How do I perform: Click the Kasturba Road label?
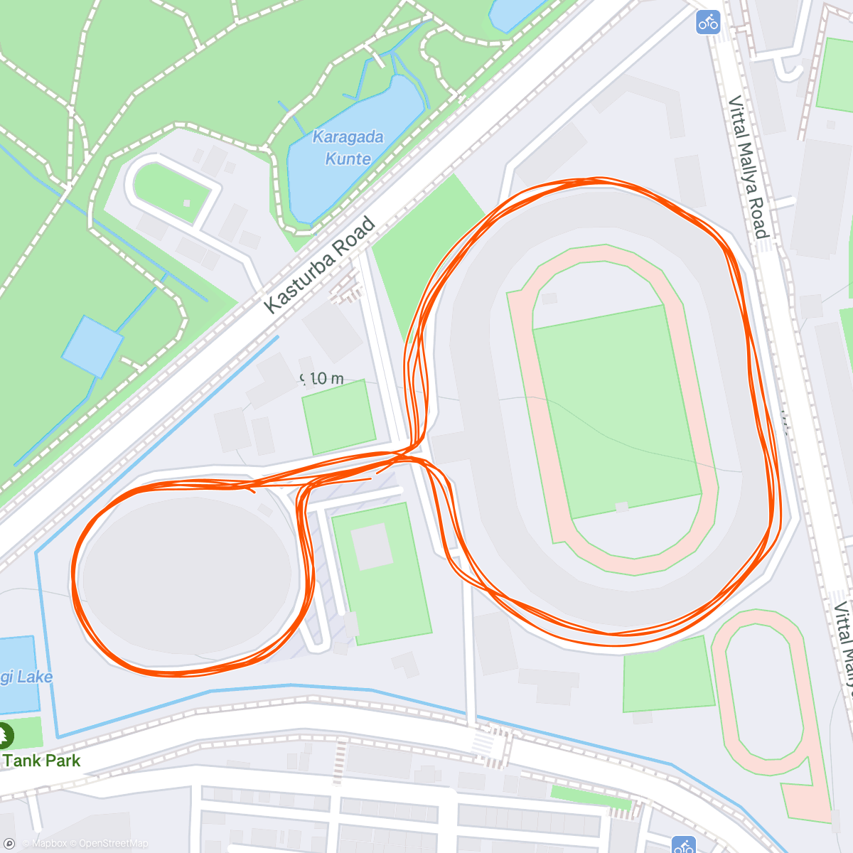(319, 265)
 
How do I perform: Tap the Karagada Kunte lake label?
(348, 148)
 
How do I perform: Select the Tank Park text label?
(42, 761)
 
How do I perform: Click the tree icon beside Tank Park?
(4, 735)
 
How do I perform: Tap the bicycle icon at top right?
(708, 22)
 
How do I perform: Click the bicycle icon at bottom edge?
(684, 846)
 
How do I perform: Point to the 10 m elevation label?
(323, 379)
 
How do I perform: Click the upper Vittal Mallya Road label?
(749, 167)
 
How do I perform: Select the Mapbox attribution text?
(48, 844)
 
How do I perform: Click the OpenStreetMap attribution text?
(112, 844)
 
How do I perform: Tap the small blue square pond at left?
(92, 346)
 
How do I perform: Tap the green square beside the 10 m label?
(338, 417)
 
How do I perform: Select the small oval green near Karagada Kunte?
(173, 191)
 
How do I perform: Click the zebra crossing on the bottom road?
(490, 746)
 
